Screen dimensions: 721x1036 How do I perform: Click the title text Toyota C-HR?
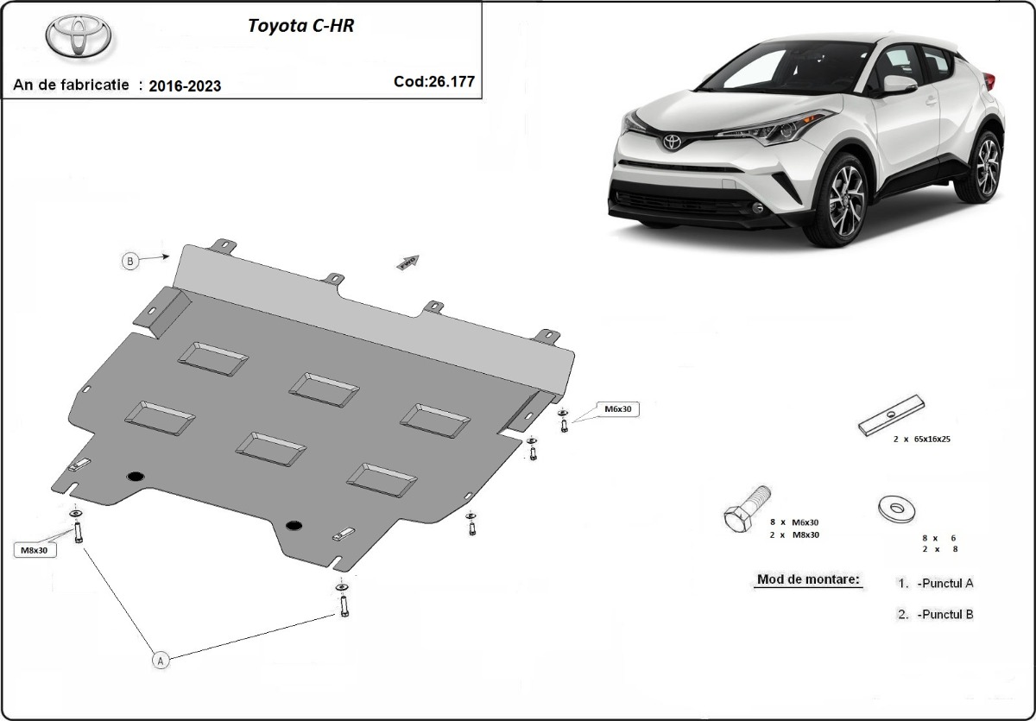click(300, 25)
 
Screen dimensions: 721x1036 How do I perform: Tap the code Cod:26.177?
click(434, 81)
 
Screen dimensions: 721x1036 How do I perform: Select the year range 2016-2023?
click(185, 85)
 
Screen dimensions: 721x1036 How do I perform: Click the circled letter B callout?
click(130, 261)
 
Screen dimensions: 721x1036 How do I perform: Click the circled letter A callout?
click(160, 660)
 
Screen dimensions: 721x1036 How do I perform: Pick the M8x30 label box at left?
click(35, 549)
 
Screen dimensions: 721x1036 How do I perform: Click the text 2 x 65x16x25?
click(921, 440)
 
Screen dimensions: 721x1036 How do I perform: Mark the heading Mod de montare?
click(808, 579)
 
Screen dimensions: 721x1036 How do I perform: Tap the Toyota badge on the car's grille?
click(672, 141)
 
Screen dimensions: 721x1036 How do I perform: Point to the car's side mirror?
click(900, 84)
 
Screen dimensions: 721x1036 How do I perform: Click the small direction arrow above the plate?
click(407, 262)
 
